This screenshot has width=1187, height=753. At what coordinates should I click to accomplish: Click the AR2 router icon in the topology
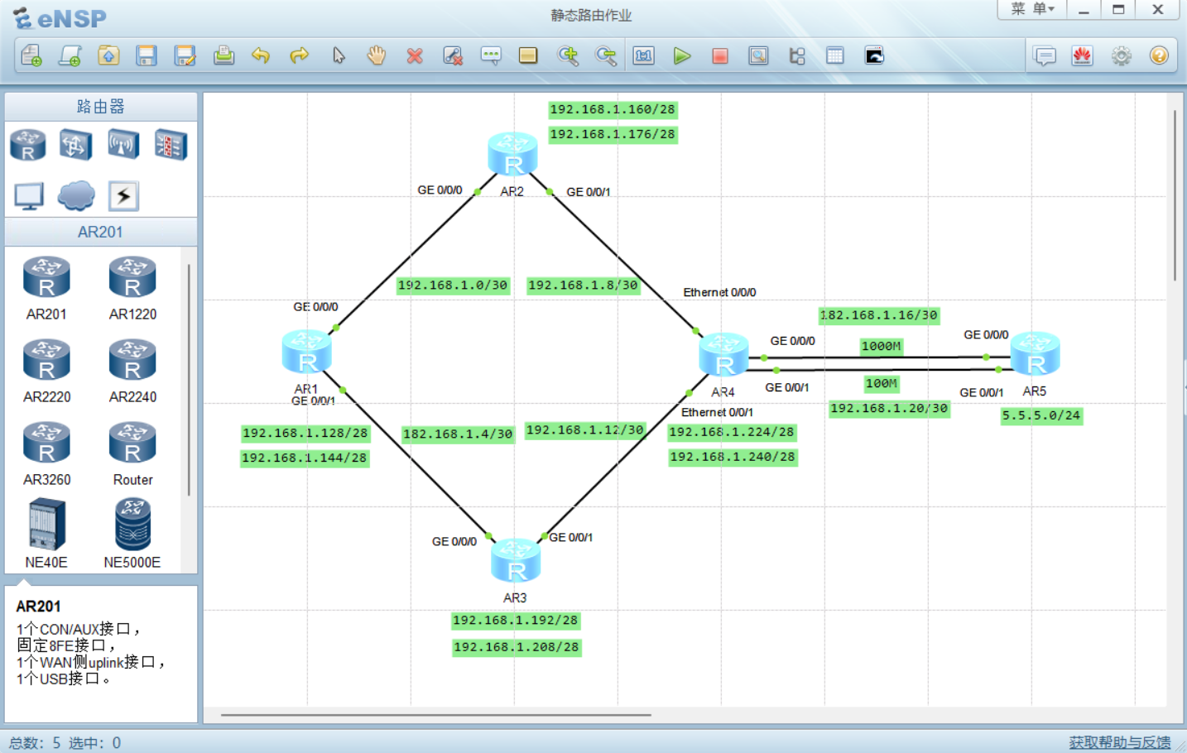tap(512, 154)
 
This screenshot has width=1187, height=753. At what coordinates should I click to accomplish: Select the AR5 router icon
tap(1035, 353)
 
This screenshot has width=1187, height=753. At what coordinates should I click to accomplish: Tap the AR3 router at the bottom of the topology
tap(515, 560)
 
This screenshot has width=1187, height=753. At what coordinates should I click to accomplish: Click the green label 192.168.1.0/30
tap(453, 285)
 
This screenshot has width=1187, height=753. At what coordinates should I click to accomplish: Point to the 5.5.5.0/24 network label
tap(1041, 415)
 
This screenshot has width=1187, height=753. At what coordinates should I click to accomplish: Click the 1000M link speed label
tap(881, 347)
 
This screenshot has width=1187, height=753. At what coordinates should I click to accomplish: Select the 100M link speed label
tap(881, 383)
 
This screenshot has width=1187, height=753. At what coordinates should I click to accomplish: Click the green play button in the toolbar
tap(681, 55)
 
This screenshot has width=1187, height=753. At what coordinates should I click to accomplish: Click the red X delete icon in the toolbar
tap(415, 55)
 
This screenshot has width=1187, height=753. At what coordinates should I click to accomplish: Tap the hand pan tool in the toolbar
tap(377, 55)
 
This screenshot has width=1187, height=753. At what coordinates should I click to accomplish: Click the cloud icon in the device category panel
tap(76, 196)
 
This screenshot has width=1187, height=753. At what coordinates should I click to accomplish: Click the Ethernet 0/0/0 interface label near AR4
tap(719, 292)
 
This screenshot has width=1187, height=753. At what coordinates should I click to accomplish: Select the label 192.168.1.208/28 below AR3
tap(517, 647)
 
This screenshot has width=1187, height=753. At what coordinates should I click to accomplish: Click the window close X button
tap(1158, 10)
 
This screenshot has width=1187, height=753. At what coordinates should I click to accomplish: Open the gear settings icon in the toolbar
tap(1121, 55)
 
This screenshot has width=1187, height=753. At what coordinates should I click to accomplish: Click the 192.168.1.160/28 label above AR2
tap(613, 110)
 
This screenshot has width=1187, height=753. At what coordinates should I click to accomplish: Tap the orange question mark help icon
tap(1159, 55)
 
